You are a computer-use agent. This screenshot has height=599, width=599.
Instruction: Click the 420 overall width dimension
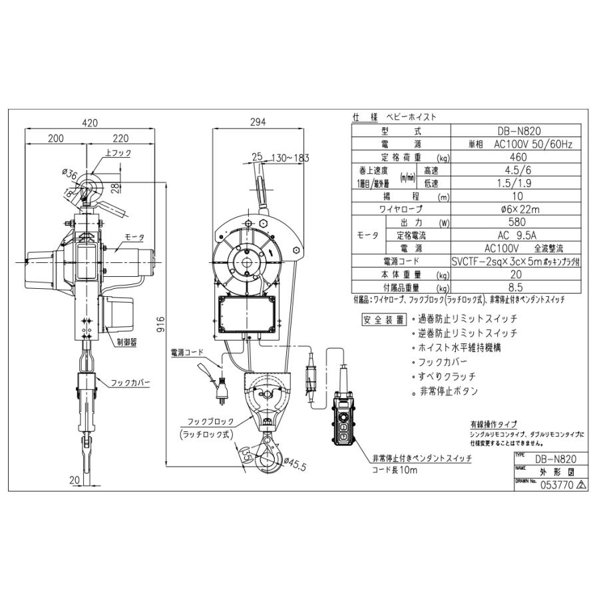(x=90, y=122)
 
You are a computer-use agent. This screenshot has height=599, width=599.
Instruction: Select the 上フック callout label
(x=117, y=153)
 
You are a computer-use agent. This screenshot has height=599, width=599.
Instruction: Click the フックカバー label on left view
(x=130, y=384)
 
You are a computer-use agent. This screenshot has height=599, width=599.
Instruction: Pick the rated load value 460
(x=514, y=157)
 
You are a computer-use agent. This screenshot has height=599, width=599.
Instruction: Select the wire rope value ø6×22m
(x=514, y=209)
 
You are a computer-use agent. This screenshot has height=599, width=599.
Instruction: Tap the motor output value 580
(x=514, y=222)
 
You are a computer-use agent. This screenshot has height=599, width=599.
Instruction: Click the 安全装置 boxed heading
(x=384, y=319)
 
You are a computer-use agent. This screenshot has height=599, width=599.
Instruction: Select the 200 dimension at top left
(x=56, y=139)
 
